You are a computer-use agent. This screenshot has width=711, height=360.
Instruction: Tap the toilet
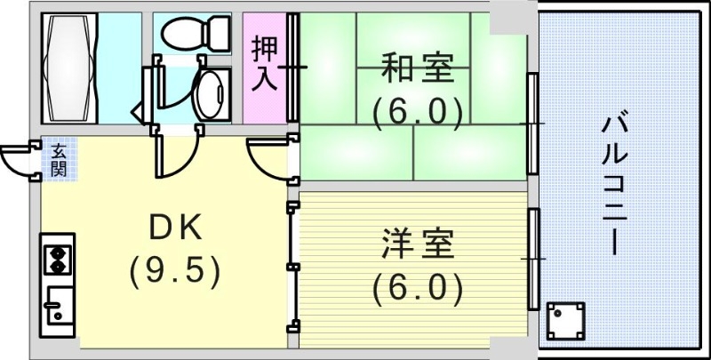tap(195, 33)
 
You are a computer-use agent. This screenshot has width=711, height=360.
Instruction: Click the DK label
tap(174, 229)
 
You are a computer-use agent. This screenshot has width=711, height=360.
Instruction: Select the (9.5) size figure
tap(174, 271)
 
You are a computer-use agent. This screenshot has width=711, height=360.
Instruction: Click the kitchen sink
tap(57, 307)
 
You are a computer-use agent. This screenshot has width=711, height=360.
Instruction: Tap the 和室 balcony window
tap(532, 123)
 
